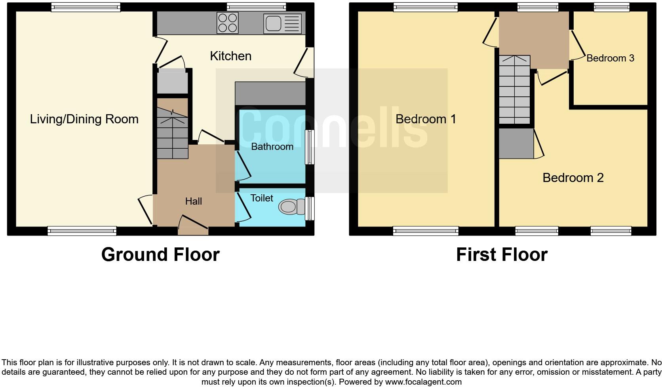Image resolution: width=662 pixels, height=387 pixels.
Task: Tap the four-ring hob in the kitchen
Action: [228, 23]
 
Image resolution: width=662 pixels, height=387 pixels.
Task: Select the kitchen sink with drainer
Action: [282, 23]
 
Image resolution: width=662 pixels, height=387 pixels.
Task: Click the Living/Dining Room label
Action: [84, 119]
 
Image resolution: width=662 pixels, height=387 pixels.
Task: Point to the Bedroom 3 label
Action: [610, 58]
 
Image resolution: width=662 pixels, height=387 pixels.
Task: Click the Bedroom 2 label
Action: [573, 178]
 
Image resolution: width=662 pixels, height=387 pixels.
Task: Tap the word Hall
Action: [193, 201]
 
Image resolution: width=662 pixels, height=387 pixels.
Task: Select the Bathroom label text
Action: [272, 147]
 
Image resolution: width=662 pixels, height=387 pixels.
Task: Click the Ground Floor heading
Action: [160, 255]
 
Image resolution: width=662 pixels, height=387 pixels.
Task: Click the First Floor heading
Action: [502, 255]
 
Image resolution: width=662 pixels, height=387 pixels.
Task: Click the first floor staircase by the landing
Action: [514, 90]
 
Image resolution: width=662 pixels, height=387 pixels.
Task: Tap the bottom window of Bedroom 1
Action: [426, 231]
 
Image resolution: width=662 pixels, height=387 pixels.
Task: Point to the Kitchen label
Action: [230, 56]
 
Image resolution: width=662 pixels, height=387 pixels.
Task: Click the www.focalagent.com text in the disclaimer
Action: [423, 382]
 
